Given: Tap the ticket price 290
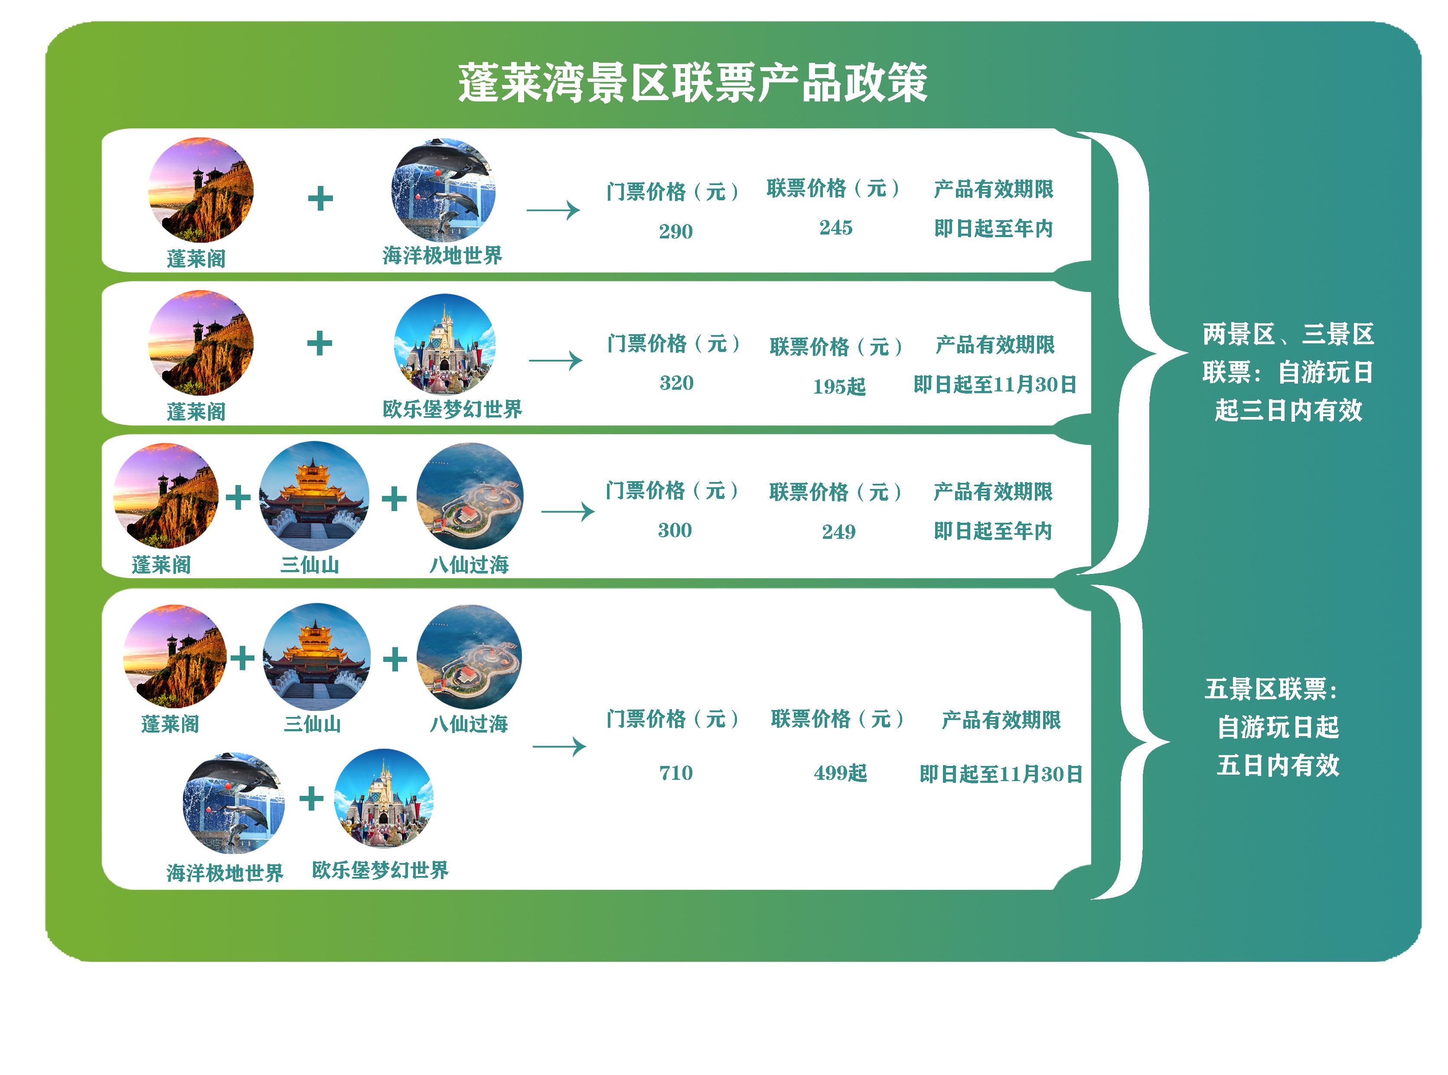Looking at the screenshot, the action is point(675,231).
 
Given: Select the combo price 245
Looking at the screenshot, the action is point(835,227).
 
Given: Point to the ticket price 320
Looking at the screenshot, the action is point(676,383).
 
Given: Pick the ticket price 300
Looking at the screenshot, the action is point(675,530).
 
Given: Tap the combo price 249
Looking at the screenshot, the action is point(838,531).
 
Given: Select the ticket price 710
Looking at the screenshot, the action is point(675,772).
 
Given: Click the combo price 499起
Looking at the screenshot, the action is point(840,773).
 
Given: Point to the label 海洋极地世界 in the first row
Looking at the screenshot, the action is point(443,255).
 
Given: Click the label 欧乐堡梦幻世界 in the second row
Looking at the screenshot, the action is point(452,409).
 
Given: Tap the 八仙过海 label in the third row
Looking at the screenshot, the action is point(469,564).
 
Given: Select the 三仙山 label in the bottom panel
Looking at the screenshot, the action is point(313,723).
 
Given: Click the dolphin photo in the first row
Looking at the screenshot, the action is point(443,189).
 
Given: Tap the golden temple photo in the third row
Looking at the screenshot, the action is point(314,496).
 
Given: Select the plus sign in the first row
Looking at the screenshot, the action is point(320,199).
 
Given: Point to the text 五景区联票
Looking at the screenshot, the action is point(1265,689).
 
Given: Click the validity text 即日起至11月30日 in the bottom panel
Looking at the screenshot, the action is point(1001,774).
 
